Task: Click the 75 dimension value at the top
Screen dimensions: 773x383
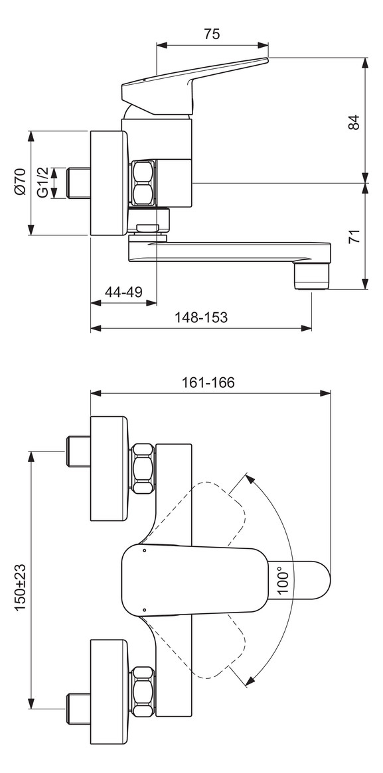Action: click(x=212, y=34)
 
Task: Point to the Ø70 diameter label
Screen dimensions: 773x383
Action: click(x=20, y=182)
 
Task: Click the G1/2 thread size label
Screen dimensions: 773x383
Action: click(x=42, y=182)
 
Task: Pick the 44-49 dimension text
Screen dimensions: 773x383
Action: click(x=123, y=292)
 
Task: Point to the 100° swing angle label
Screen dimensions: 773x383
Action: click(x=284, y=579)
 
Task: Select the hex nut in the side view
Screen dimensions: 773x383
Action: click(x=144, y=182)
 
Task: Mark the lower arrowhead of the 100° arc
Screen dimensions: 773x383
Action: click(x=250, y=680)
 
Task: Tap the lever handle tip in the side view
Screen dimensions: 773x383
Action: click(x=264, y=61)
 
